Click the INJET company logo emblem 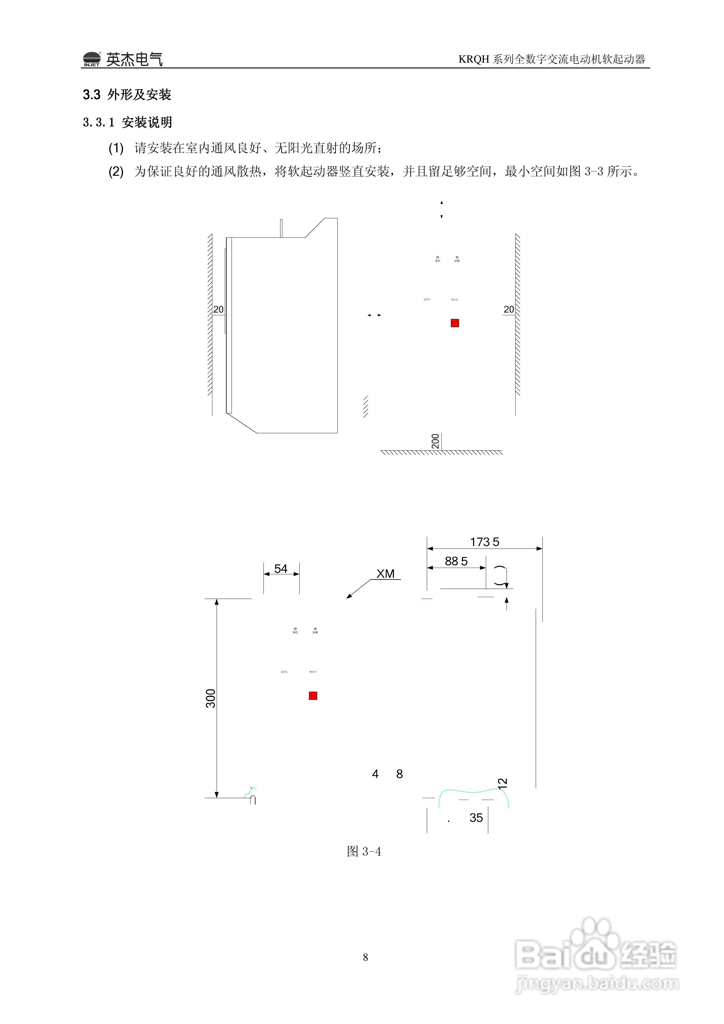pos(92,59)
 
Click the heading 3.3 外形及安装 pos(127,95)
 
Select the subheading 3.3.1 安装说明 pos(127,122)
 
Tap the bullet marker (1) pos(116,148)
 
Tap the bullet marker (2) pos(116,172)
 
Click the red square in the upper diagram pos(455,323)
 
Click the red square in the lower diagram pos(313,696)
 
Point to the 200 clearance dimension pos(435,441)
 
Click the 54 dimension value pos(281,569)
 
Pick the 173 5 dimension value pos(484,542)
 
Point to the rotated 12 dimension pos(503,784)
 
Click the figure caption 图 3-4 pos(364,851)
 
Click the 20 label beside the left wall pos(218,309)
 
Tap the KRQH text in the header pos(474,59)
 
